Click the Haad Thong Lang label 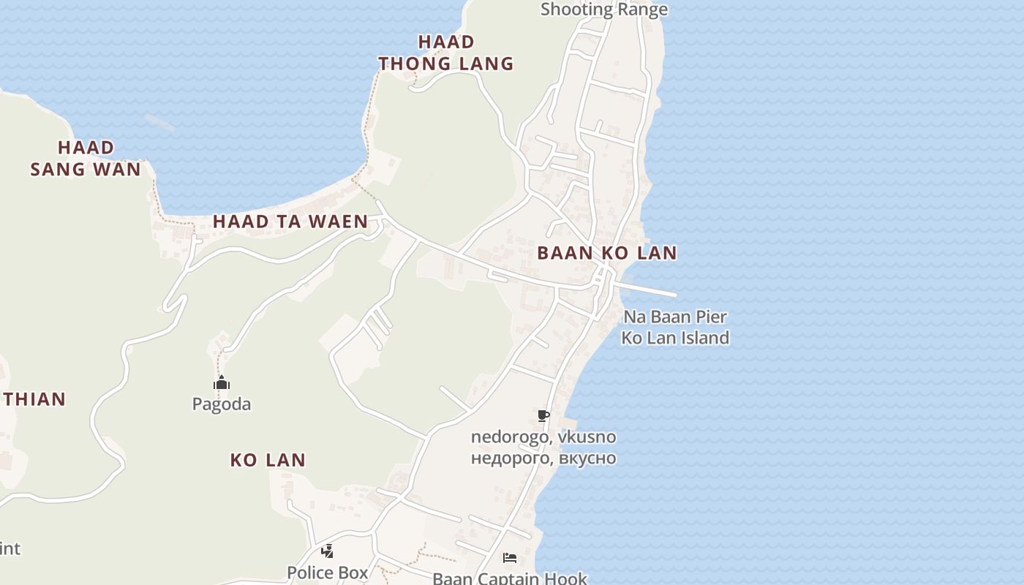pyautogui.click(x=446, y=53)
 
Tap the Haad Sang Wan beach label pyautogui.click(x=86, y=158)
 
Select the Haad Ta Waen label pyautogui.click(x=290, y=222)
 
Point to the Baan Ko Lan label pyautogui.click(x=606, y=253)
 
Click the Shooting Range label pyautogui.click(x=603, y=10)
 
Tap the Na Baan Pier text pyautogui.click(x=674, y=317)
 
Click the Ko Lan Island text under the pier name pyautogui.click(x=674, y=338)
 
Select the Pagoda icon pyautogui.click(x=222, y=383)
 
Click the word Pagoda pyautogui.click(x=222, y=404)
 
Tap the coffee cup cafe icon pyautogui.click(x=543, y=416)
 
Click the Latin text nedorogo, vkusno pyautogui.click(x=543, y=437)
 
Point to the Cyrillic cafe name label pyautogui.click(x=543, y=458)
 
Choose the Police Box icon pyautogui.click(x=328, y=551)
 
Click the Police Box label pyautogui.click(x=328, y=573)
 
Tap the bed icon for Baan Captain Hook pyautogui.click(x=510, y=558)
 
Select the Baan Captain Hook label pyautogui.click(x=510, y=578)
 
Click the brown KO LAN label pyautogui.click(x=268, y=460)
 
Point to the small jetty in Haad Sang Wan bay pyautogui.click(x=159, y=122)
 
